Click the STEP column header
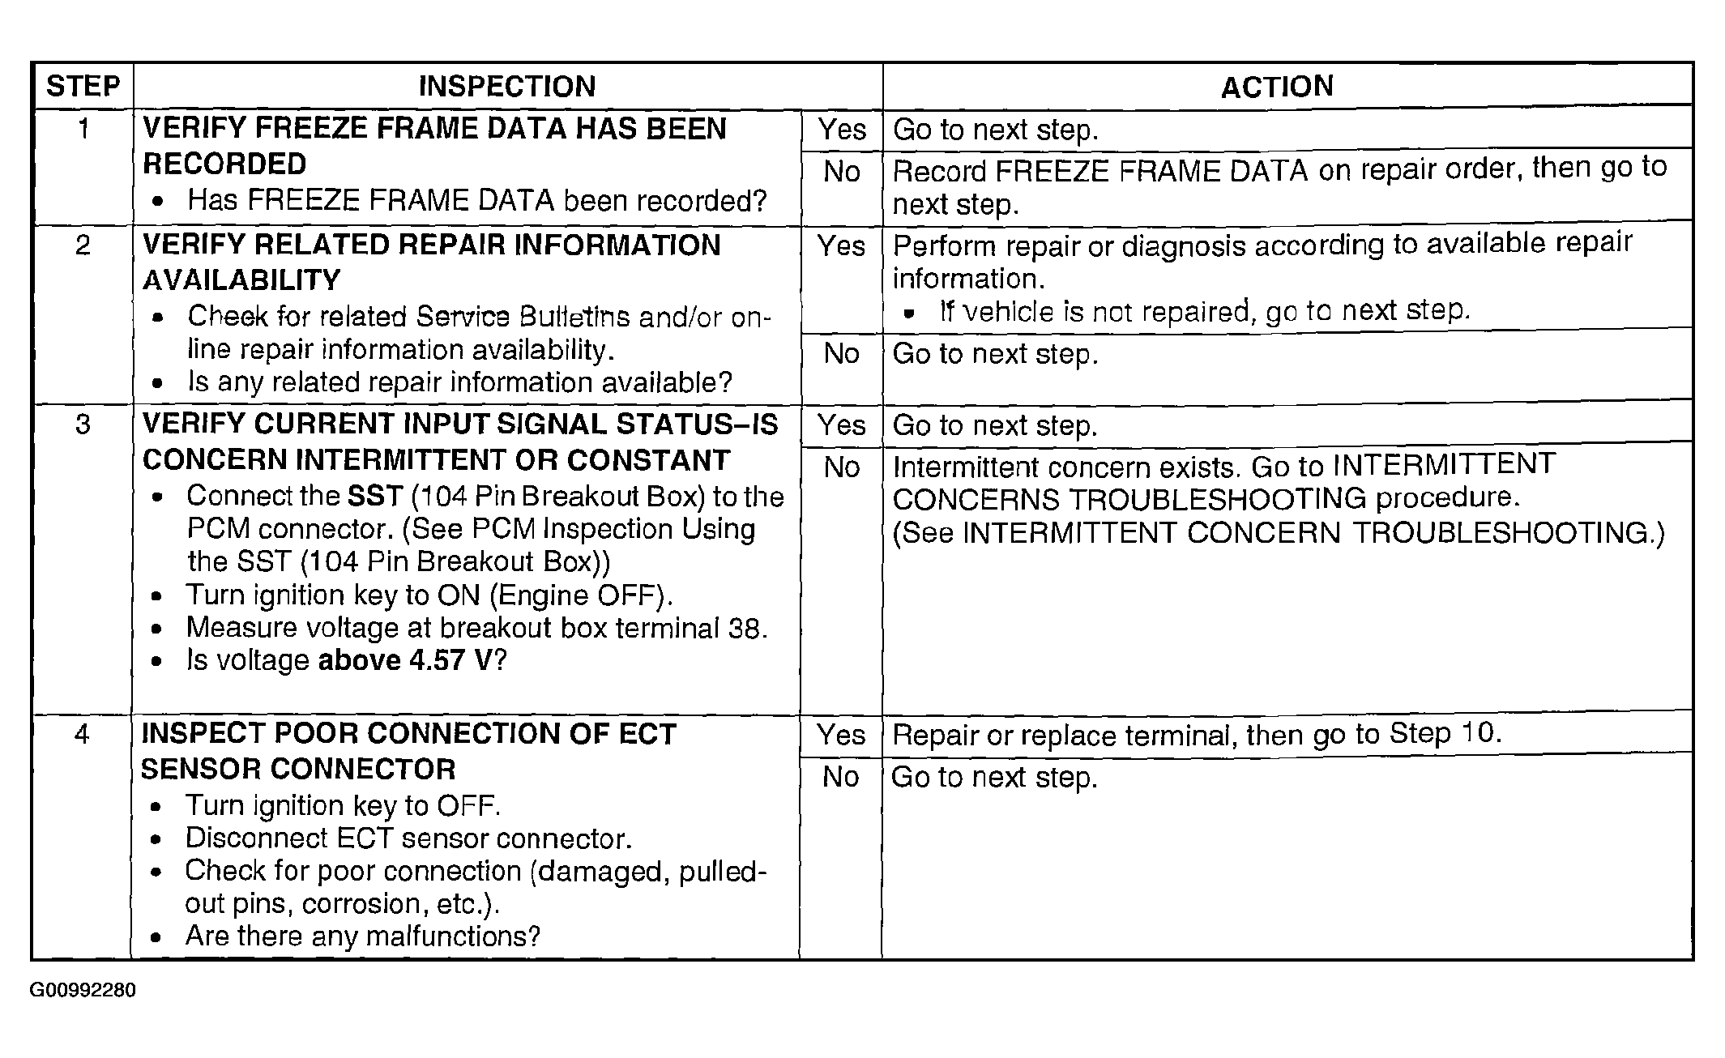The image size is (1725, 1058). click(83, 86)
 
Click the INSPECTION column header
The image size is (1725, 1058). click(507, 86)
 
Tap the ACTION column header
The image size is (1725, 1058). click(1277, 86)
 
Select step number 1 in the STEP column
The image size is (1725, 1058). click(83, 128)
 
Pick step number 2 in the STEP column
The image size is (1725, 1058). click(83, 245)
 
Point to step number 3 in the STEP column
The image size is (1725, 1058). click(83, 424)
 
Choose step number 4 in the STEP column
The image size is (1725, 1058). click(82, 734)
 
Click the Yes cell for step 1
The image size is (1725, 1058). click(842, 130)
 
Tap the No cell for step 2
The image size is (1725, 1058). click(842, 353)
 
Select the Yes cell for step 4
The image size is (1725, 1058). click(841, 735)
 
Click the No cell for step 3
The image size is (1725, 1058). click(842, 467)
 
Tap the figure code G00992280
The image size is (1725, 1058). click(83, 991)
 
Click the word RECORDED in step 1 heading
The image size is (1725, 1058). click(224, 164)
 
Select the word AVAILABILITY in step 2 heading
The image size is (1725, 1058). click(241, 280)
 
